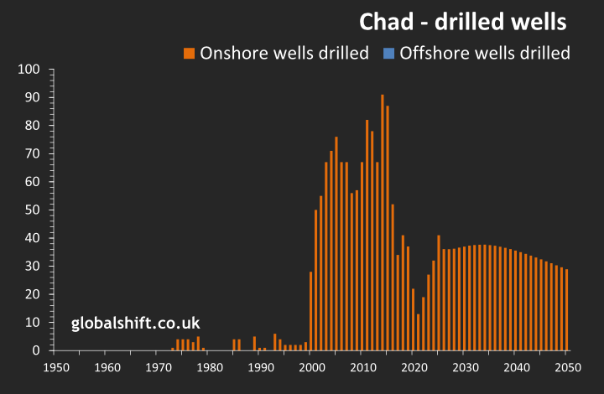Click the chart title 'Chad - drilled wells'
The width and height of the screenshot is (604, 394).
point(464,20)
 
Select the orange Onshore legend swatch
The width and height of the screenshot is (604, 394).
point(189,54)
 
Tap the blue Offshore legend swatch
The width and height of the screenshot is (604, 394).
point(388,54)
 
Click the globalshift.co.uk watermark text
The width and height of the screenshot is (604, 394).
point(135,322)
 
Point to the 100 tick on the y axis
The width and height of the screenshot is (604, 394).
point(30,70)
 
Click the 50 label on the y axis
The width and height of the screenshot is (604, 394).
point(34,210)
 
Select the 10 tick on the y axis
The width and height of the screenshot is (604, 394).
point(34,322)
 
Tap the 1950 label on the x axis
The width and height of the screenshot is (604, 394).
point(55,367)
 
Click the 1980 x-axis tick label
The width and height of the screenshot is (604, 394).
point(209,367)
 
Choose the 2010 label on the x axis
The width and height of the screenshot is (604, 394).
point(362,367)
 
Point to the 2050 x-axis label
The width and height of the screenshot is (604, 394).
point(566,367)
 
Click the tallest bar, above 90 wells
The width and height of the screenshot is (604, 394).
point(383,222)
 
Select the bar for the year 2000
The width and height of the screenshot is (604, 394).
point(311,311)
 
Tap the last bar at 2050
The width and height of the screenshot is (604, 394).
point(566,309)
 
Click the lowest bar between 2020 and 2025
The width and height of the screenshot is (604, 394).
point(419,332)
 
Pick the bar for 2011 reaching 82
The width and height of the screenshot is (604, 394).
point(367,235)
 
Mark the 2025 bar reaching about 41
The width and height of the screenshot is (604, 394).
point(439,293)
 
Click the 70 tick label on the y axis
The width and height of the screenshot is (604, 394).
point(34,153)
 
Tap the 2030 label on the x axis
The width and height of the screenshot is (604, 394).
point(464,367)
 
